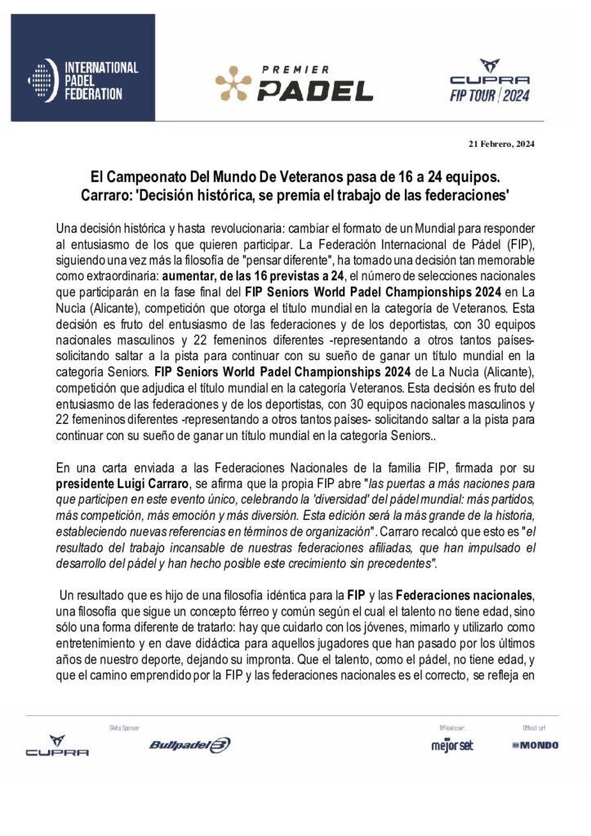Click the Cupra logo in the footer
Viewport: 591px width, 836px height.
click(x=57, y=745)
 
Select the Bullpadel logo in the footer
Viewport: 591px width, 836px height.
click(x=190, y=745)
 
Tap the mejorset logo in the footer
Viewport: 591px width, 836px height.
click(x=451, y=745)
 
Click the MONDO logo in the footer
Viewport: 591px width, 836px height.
click(x=535, y=745)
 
